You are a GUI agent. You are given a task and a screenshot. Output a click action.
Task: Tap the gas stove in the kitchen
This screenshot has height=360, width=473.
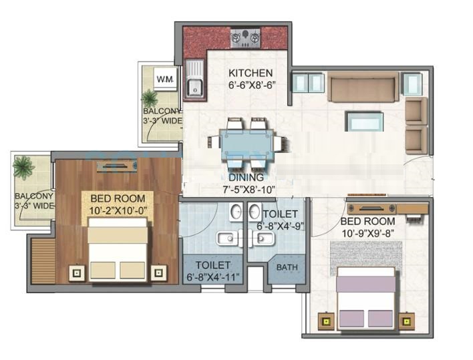click(x=246, y=38)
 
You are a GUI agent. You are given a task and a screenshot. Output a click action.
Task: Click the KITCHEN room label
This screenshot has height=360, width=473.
click(x=251, y=73)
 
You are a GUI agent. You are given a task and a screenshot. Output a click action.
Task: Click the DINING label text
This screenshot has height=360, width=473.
click(x=246, y=177)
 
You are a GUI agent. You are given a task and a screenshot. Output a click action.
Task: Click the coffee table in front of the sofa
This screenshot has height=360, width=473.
click(x=364, y=122)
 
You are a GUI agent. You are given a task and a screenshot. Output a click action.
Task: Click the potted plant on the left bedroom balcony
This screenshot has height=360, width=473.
click(x=23, y=167)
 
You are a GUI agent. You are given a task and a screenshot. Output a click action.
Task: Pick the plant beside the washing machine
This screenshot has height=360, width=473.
click(x=150, y=98)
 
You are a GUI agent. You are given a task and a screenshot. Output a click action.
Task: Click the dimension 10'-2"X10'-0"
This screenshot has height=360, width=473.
click(x=118, y=211)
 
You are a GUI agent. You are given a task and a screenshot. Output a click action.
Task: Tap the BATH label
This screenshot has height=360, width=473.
click(x=287, y=267)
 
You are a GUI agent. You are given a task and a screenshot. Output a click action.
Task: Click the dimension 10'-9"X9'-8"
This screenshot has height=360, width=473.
click(x=367, y=233)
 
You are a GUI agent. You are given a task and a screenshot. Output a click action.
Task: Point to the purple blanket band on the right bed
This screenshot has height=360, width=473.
click(x=365, y=285)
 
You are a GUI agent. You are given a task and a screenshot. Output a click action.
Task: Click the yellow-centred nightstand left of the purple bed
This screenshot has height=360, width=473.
click(x=326, y=321)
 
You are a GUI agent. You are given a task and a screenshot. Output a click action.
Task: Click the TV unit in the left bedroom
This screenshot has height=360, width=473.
click(x=117, y=166)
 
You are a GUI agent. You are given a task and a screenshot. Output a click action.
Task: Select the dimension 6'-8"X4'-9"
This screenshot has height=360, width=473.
click(x=280, y=226)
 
